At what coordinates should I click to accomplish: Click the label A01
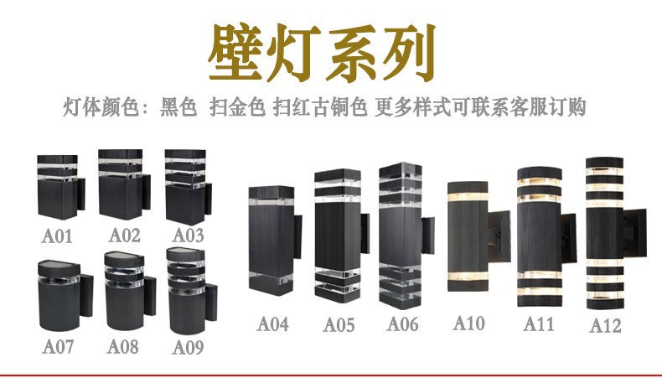57,236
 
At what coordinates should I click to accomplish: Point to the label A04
273,324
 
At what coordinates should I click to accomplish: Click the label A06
402,324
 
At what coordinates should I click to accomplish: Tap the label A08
122,345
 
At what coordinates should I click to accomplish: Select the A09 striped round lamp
185,298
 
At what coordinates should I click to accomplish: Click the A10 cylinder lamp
468,236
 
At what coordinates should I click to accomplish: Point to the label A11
538,324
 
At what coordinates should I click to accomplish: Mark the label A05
339,324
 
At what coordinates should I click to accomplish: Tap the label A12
606,325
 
